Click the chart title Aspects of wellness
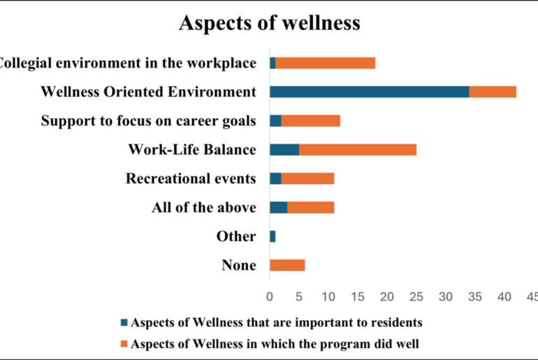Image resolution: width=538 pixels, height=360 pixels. pos(269,22)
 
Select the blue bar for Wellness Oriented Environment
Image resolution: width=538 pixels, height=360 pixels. pos(369,92)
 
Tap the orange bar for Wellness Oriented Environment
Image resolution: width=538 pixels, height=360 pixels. pos(493,92)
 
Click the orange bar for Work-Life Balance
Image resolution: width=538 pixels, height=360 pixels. pos(358,149)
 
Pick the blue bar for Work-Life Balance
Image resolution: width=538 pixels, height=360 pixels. pos(284,149)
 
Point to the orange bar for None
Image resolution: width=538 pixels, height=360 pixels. pos(287,265)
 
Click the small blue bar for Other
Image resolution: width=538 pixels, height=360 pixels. pos(272,236)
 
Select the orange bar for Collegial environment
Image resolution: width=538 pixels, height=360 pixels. pos(326,63)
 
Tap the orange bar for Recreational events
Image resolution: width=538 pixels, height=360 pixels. pos(307,178)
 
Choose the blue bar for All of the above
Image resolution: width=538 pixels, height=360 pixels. pos(278,207)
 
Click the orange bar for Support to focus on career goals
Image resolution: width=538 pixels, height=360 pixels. pos(310,120)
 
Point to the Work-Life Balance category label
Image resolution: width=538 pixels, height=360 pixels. pos(192,150)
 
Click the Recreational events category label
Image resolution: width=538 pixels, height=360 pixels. pos(191,178)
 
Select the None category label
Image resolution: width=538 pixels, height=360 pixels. pos(238,265)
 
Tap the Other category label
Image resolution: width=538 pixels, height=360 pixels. pos(236,236)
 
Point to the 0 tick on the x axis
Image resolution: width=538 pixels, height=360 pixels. pos(270,297)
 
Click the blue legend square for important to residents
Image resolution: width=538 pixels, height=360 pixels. pos(125,323)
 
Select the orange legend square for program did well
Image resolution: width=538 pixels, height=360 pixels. pos(125,343)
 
